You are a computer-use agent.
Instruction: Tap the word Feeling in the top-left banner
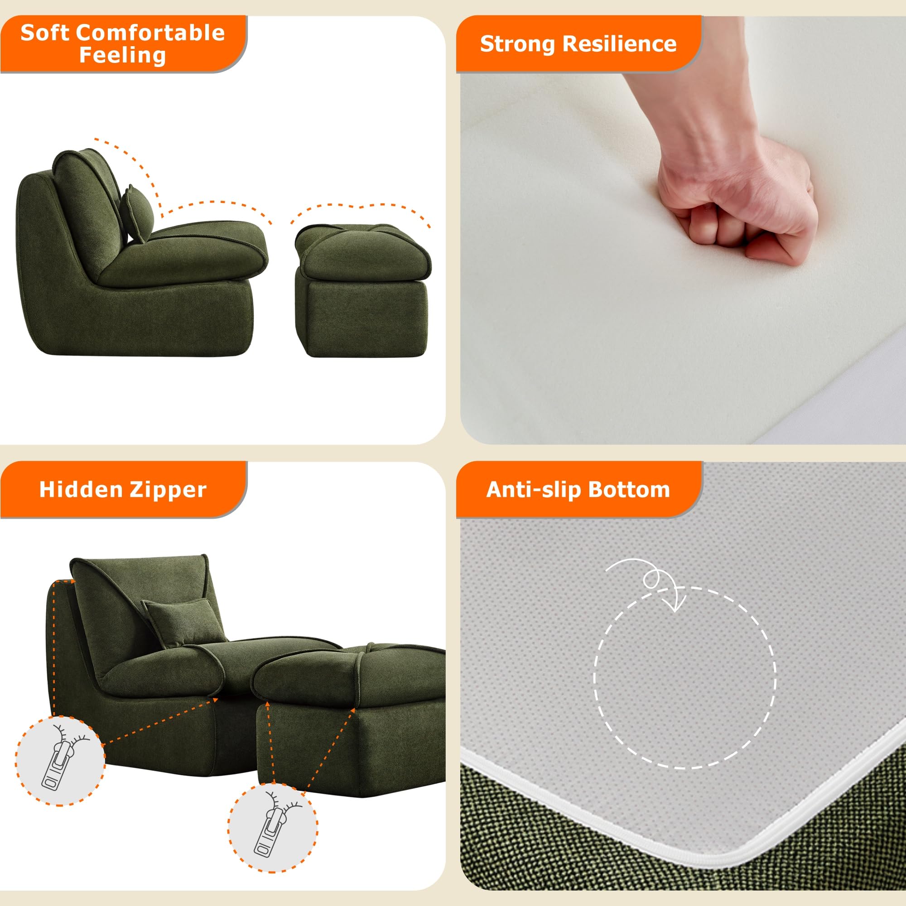(x=122, y=55)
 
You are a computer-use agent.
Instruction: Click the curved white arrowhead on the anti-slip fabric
(x=677, y=605)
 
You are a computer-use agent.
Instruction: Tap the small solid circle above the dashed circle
(x=651, y=580)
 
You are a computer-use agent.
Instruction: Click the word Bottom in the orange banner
(x=629, y=490)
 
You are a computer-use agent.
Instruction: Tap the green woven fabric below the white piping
(x=610, y=844)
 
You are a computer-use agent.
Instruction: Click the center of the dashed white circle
(x=685, y=678)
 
